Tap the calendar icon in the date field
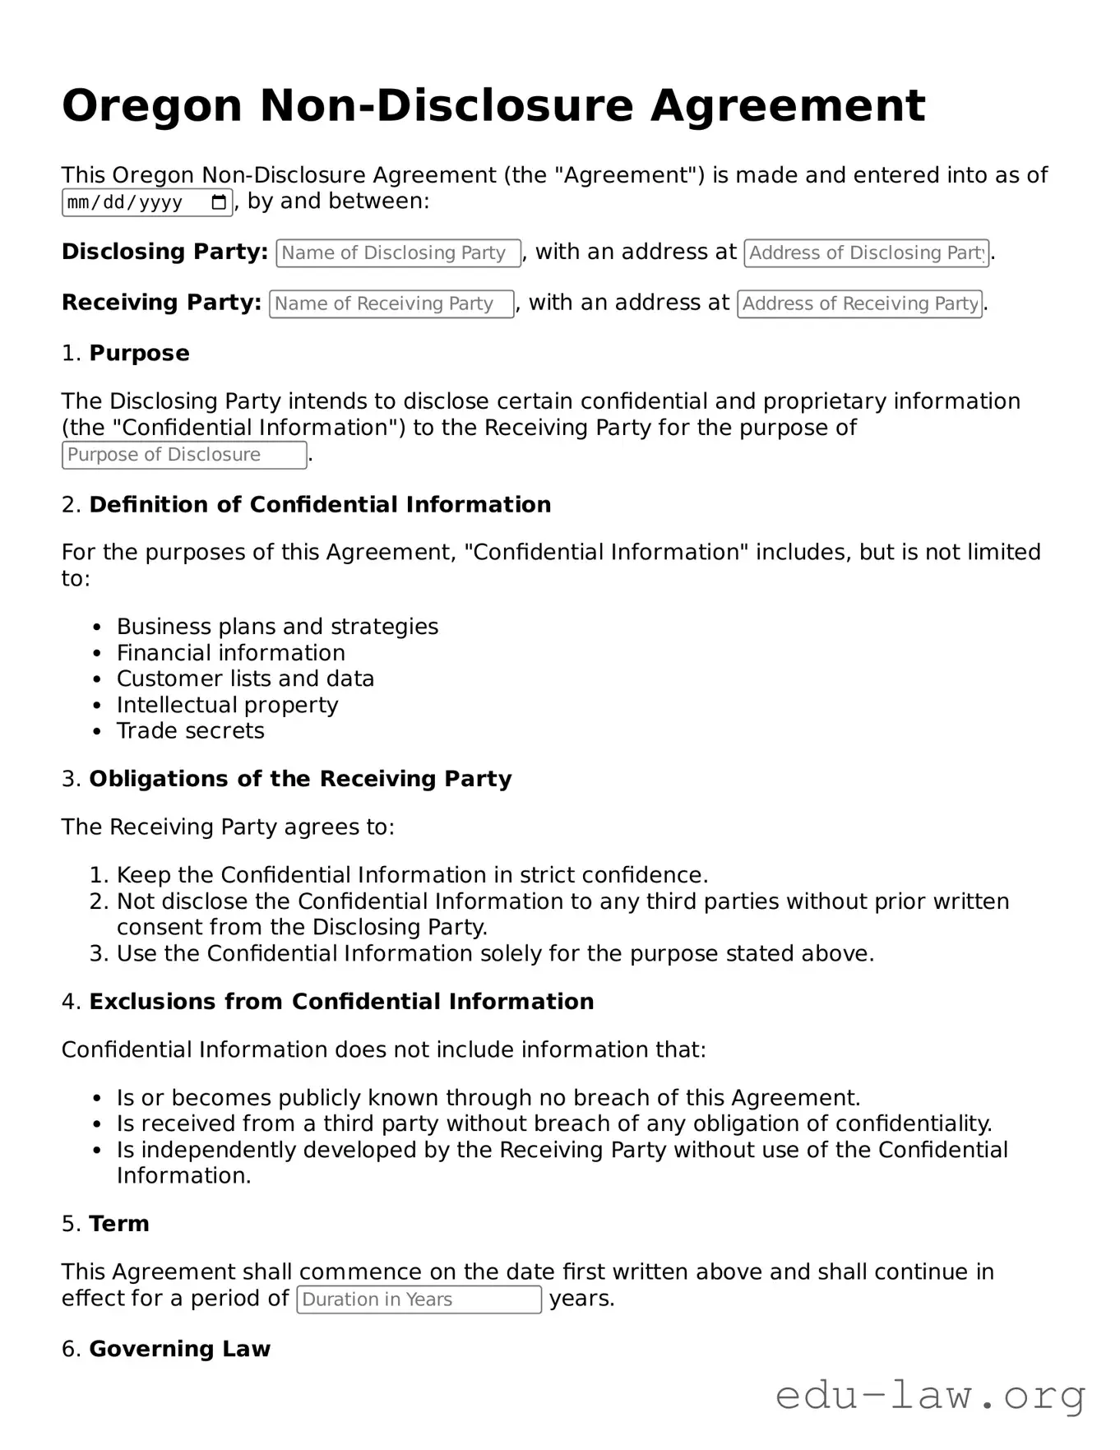(219, 202)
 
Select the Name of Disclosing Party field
(398, 253)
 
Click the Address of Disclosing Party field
(866, 253)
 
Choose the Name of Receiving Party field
(391, 304)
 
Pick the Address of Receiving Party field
(859, 304)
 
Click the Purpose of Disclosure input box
(184, 455)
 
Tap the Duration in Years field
(419, 1299)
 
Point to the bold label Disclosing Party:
(164, 252)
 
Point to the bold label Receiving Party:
(161, 303)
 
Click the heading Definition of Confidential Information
(320, 505)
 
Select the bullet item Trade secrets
(190, 731)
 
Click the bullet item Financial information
(230, 653)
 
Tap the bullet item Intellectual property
(227, 706)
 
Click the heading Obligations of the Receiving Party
(300, 779)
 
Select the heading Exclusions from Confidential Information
(341, 1002)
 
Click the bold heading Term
(119, 1224)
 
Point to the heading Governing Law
(179, 1349)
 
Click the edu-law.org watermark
(930, 1397)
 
